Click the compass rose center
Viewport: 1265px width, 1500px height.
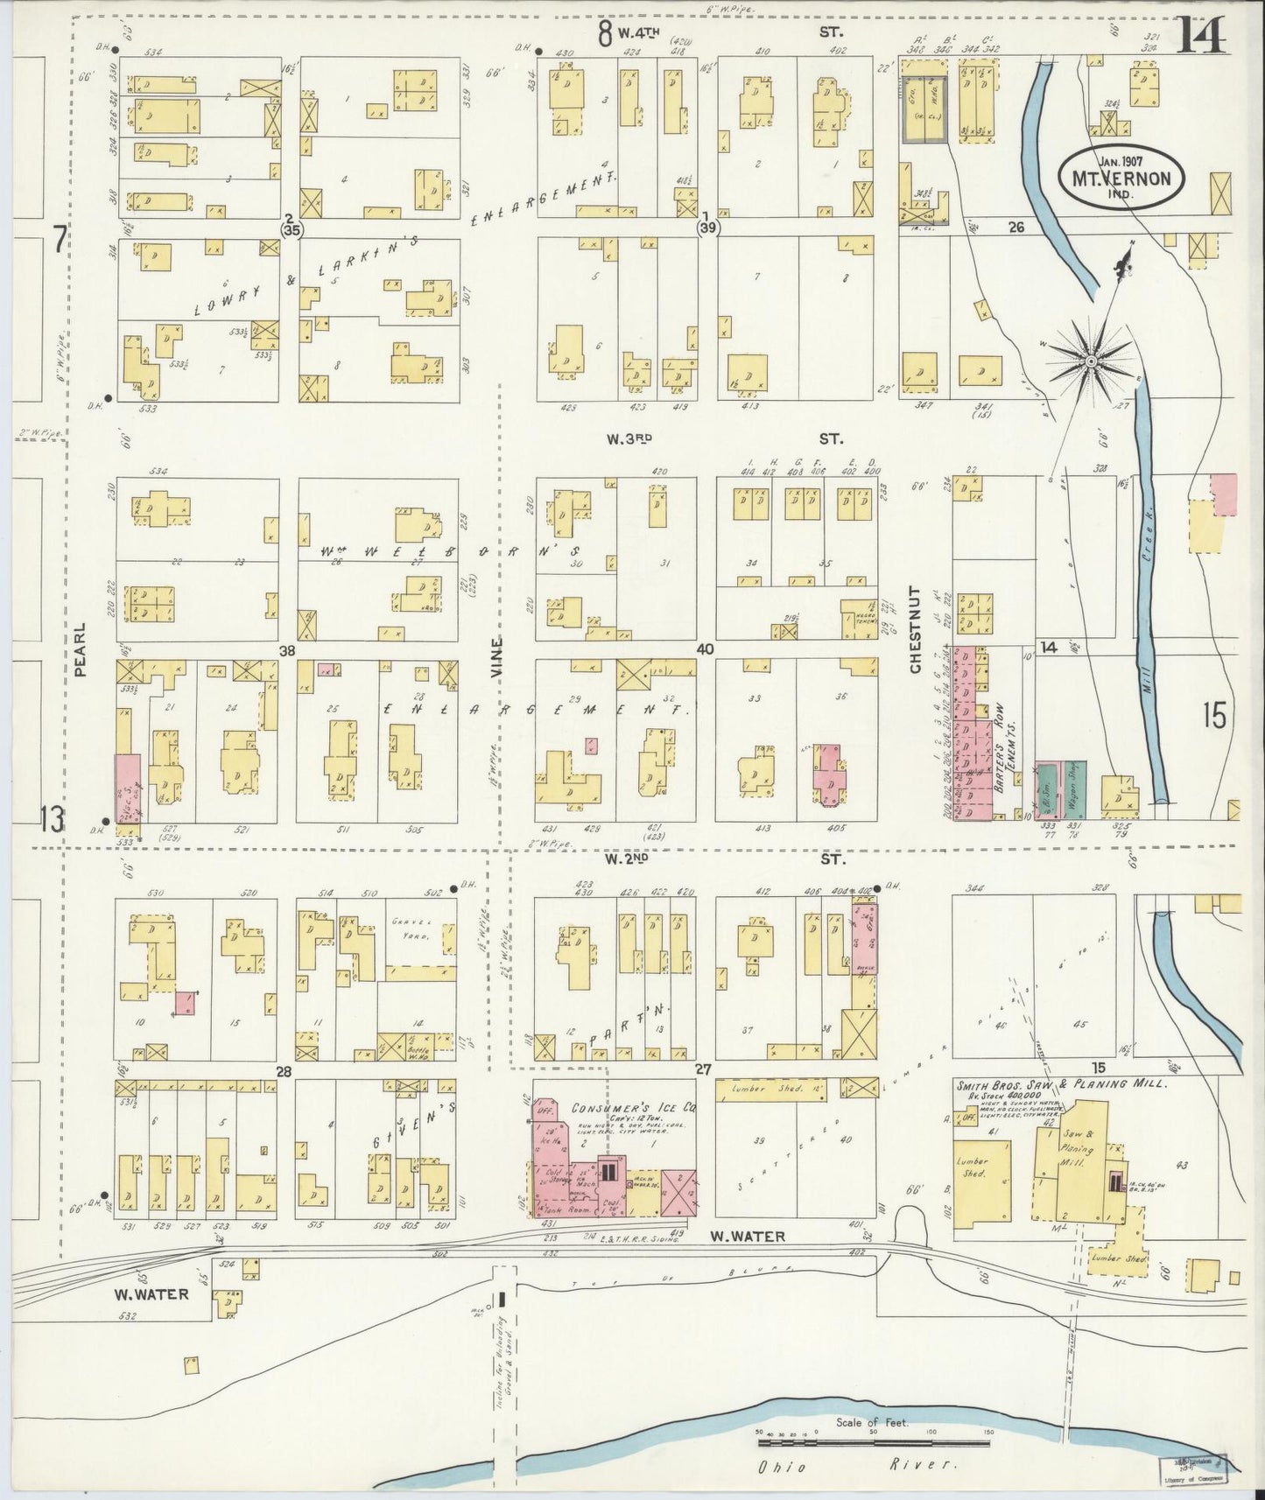point(1092,361)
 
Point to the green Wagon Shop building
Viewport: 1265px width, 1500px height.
point(1076,789)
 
